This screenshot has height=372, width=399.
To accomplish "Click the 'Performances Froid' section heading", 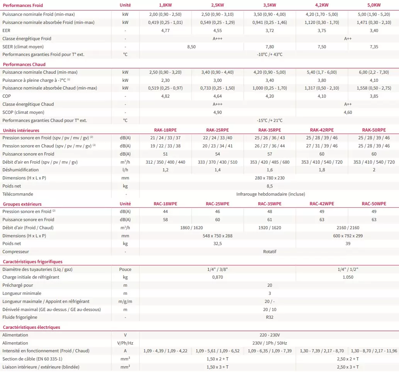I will [23, 5].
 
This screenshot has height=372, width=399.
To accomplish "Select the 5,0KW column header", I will [374, 5].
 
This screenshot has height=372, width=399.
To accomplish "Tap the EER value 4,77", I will [165, 30].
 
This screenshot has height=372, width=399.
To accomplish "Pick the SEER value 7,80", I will [270, 47].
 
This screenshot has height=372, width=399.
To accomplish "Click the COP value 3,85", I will [374, 96].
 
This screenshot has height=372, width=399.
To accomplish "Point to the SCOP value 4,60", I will [348, 112].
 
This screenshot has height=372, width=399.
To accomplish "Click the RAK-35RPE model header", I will [270, 130].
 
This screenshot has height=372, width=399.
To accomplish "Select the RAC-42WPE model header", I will [322, 204].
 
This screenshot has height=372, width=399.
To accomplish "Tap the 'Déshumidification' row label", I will [20, 170].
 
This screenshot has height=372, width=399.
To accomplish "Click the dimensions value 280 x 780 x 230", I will [270, 178].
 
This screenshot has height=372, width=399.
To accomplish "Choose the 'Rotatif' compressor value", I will [270, 252].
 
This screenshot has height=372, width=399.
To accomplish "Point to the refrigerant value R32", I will [270, 317].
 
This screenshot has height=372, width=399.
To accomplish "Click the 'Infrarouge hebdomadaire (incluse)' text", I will [270, 194].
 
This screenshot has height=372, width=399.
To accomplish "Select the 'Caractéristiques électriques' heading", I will [31, 327].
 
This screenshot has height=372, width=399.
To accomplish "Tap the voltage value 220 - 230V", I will [270, 335].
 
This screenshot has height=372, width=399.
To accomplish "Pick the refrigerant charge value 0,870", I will [217, 277].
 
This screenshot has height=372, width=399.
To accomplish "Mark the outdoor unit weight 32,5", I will [217, 243].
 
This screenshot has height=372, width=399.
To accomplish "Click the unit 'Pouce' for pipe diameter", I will [125, 269].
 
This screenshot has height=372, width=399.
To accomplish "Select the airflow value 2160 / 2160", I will [348, 228].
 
